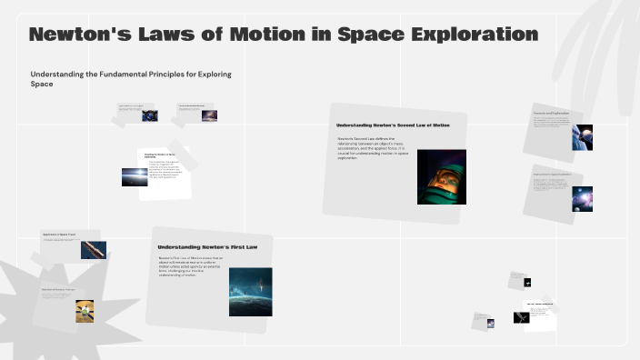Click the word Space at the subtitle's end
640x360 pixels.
point(42,84)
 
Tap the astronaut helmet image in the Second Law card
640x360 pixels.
point(441,176)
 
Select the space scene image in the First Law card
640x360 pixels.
point(250,291)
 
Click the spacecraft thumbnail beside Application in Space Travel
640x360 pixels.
point(93,249)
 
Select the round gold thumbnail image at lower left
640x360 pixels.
point(85,311)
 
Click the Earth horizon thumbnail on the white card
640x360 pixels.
point(135,177)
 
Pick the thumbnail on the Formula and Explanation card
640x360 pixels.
point(582,137)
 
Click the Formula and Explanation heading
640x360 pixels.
point(551,114)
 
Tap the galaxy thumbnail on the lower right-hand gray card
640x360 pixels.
point(582,197)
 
